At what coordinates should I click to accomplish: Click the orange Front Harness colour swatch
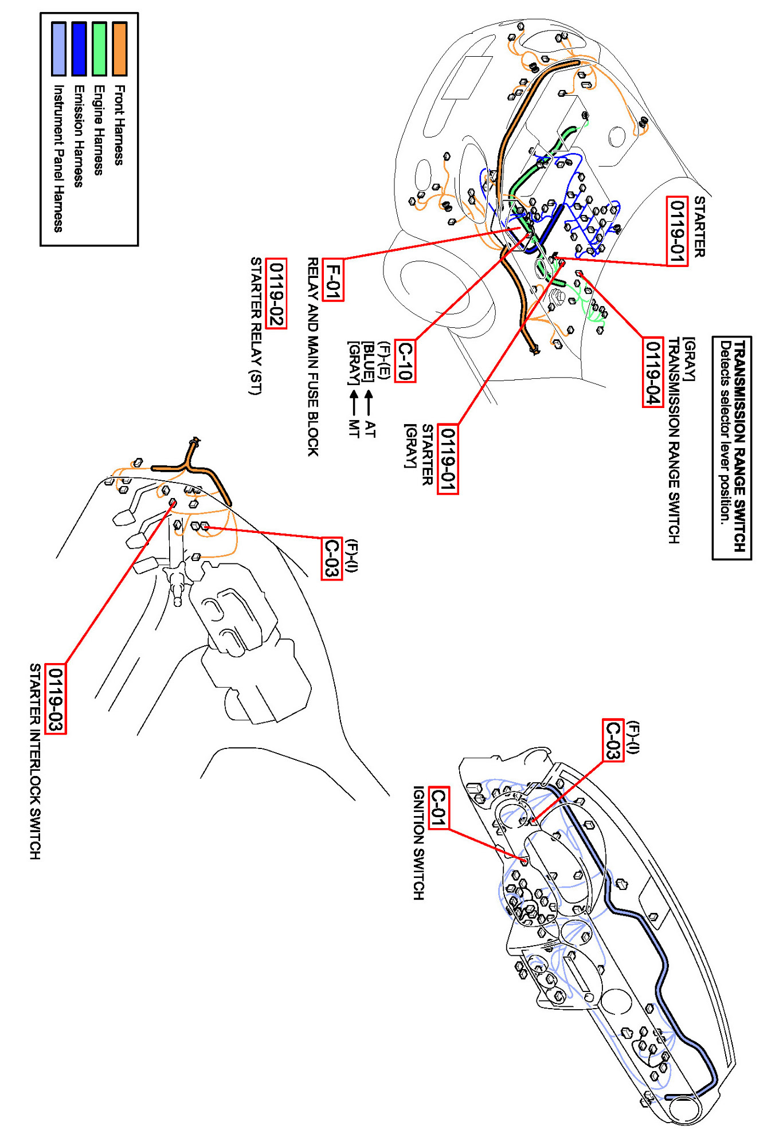click(x=119, y=49)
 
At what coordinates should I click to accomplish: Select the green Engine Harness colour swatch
click(x=99, y=49)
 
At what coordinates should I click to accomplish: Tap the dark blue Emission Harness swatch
click(x=79, y=49)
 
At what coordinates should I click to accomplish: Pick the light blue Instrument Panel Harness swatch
click(x=58, y=49)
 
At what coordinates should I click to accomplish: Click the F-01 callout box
click(x=333, y=280)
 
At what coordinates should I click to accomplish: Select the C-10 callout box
click(x=405, y=361)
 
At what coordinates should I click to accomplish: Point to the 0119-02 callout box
click(x=277, y=293)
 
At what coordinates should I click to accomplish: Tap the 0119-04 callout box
click(x=652, y=372)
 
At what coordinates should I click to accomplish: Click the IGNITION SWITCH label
click(x=419, y=842)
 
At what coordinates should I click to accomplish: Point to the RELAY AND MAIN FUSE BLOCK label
click(x=313, y=356)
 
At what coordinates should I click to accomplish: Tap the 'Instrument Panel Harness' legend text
click(x=58, y=158)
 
